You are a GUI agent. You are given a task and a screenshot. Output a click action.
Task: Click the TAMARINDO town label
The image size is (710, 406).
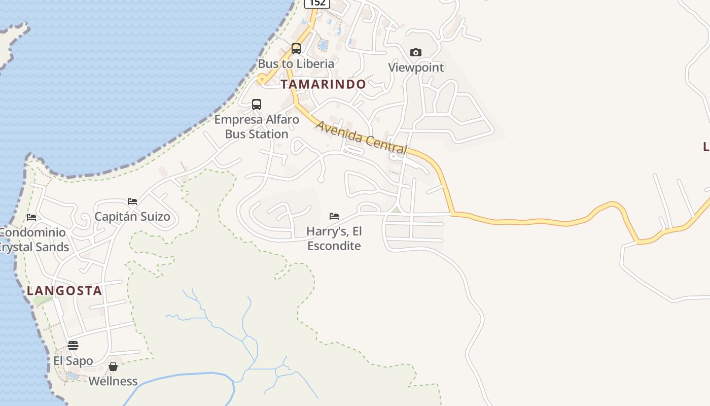click(323, 84)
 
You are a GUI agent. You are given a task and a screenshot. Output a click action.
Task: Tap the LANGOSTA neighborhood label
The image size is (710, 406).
click(64, 291)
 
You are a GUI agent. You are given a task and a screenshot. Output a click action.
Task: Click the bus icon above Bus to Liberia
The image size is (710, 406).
click(296, 49)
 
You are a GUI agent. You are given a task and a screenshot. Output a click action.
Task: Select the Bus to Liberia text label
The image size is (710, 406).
click(296, 64)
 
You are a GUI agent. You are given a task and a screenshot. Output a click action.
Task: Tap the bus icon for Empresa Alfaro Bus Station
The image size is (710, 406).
click(257, 105)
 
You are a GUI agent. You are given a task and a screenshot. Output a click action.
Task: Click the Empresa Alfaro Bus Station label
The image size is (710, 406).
click(257, 127)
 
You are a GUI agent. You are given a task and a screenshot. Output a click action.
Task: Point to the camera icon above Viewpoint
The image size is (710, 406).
click(415, 52)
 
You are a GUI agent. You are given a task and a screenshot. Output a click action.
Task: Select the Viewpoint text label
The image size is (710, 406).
click(416, 67)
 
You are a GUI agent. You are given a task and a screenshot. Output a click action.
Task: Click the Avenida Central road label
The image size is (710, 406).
click(361, 137)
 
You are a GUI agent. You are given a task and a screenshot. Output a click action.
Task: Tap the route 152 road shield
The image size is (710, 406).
click(317, 3)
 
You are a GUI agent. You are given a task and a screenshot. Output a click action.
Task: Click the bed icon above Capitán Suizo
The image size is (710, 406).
click(132, 201)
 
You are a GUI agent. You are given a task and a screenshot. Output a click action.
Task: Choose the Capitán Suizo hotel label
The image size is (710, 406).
click(132, 217)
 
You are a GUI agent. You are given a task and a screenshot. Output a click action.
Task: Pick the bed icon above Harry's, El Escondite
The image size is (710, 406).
click(334, 216)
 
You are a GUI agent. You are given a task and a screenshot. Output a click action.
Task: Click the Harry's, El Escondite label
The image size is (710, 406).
click(334, 239)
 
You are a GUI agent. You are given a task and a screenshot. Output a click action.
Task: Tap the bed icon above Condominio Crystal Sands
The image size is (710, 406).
click(31, 217)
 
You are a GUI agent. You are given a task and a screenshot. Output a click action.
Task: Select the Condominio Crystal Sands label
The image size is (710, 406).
click(33, 240)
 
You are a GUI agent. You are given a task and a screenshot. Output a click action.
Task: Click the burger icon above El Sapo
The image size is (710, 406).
click(73, 346)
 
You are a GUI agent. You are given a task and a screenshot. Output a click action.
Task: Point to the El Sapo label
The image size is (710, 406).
click(73, 361)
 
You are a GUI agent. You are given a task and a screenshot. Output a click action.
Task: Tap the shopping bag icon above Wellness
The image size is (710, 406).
click(113, 366)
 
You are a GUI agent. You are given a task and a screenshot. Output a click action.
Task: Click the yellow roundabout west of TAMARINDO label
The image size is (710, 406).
click(262, 79)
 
